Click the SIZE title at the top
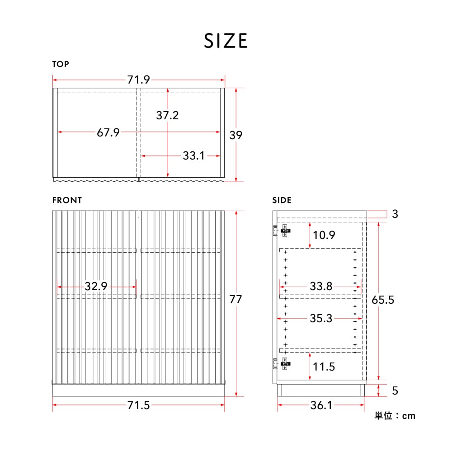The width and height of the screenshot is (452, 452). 226,41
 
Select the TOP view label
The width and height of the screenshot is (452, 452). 61,64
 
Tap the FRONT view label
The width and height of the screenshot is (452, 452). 67,200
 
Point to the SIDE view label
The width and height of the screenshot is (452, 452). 282,200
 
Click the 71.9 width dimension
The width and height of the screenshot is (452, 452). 139,80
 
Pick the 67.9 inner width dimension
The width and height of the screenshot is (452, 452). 108,132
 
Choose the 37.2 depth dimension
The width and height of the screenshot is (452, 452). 168,115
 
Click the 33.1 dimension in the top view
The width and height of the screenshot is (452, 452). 194,155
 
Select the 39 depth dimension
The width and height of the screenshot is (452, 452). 236,135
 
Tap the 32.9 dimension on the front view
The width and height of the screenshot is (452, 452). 96,286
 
